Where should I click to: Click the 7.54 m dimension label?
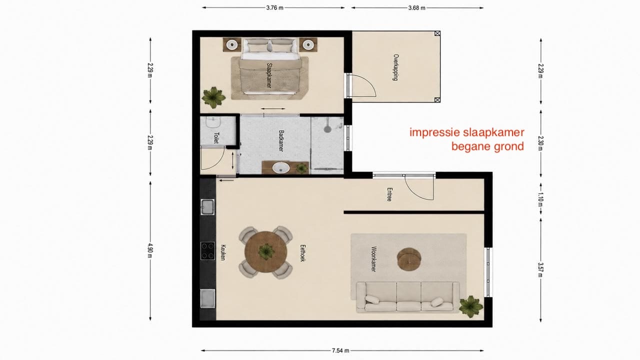(x=340, y=350)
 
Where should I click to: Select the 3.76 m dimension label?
(x=275, y=8)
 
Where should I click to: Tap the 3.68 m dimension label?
(x=416, y=8)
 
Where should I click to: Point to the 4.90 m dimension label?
(x=150, y=250)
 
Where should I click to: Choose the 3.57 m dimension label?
(x=540, y=269)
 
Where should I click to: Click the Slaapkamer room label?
(x=269, y=75)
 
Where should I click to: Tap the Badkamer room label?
(x=281, y=141)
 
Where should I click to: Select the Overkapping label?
(x=395, y=67)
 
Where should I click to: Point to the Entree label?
(x=389, y=194)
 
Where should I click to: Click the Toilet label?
(x=216, y=138)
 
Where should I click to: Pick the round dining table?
(x=265, y=252)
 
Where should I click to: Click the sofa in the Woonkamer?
(x=407, y=297)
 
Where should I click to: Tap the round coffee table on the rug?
(x=409, y=259)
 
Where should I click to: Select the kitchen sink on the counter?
(x=207, y=207)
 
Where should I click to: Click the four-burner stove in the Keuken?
(x=207, y=251)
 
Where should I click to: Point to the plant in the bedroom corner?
(x=213, y=98)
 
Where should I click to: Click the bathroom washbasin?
(x=281, y=167)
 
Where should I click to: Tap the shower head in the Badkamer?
(x=327, y=128)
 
